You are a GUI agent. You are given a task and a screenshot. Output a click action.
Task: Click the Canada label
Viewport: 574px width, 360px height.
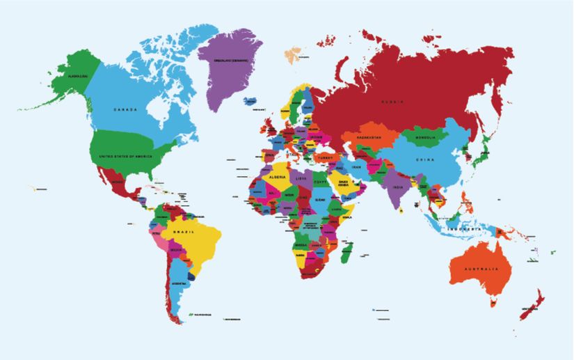[x=125, y=110]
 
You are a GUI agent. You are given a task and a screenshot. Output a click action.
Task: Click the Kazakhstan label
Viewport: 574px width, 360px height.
[x=369, y=138]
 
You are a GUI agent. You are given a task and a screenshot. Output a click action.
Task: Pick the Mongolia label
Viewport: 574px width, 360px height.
[x=425, y=138]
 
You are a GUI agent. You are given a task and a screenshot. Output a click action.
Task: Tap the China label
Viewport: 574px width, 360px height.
[x=426, y=160]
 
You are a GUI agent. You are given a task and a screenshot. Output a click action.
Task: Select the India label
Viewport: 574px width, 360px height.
[x=397, y=187]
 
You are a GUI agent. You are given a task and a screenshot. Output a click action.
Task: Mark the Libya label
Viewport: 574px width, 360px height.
[x=301, y=178]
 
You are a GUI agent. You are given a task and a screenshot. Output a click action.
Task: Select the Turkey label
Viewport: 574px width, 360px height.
[x=325, y=158]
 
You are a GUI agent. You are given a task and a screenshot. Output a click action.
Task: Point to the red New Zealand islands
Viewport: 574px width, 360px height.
[x=533, y=306]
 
